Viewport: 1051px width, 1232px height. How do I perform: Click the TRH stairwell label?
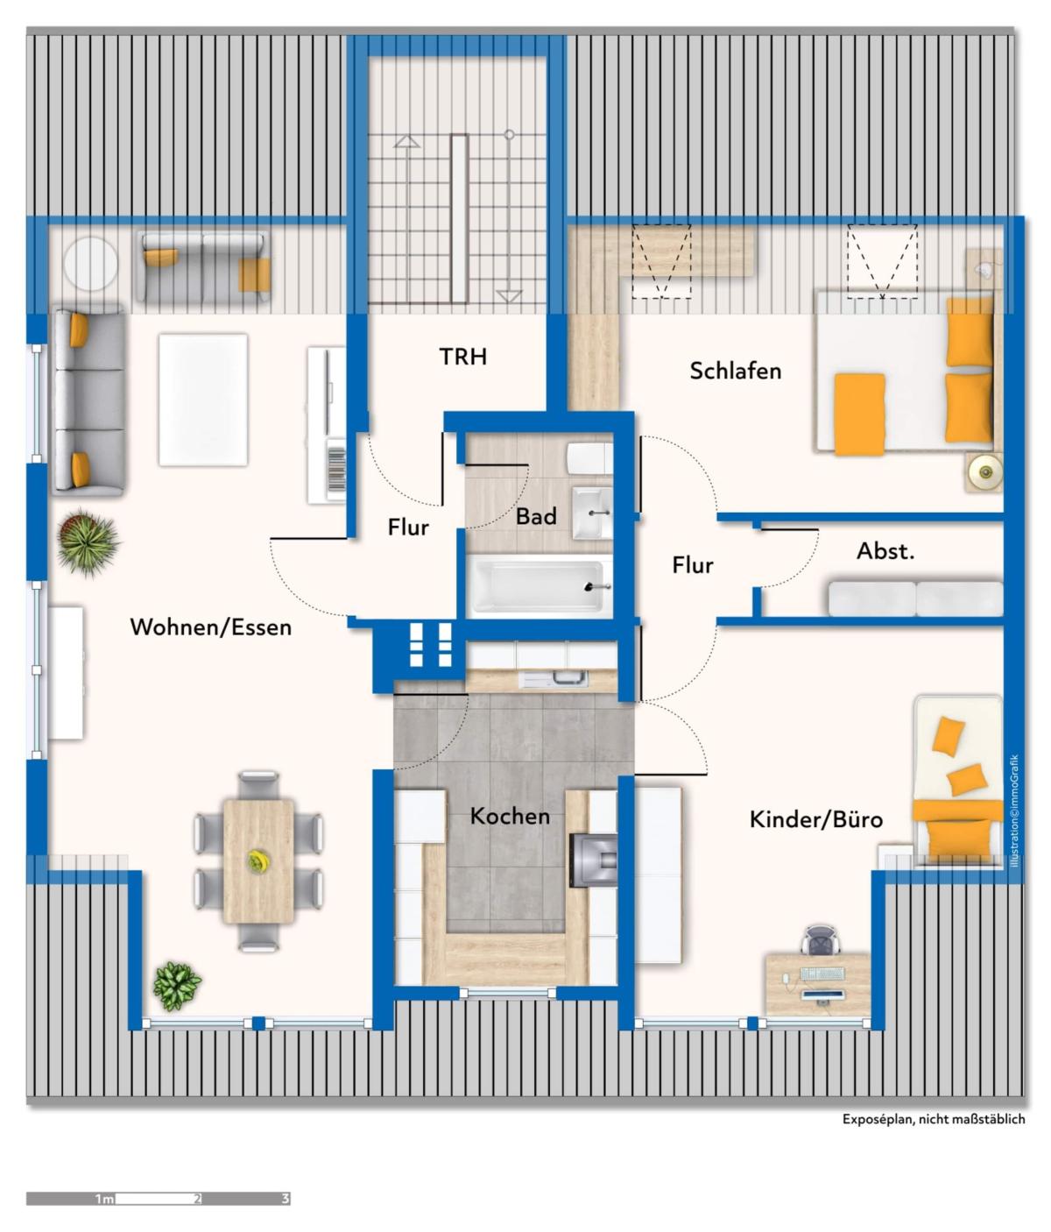click(463, 357)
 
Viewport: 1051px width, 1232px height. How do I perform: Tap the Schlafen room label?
click(735, 371)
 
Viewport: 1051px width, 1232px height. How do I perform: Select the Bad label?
click(536, 516)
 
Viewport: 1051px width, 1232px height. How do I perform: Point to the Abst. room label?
click(885, 551)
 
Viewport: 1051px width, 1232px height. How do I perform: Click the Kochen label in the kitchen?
click(510, 816)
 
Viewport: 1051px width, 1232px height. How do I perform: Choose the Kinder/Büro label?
click(815, 819)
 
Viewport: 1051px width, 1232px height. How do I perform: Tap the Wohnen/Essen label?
click(211, 627)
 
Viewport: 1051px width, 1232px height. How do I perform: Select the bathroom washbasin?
click(592, 513)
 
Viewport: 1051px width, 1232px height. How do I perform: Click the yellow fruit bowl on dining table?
click(258, 860)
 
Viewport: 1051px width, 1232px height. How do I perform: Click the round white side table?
click(90, 264)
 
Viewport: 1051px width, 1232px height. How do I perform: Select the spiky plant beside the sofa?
click(87, 542)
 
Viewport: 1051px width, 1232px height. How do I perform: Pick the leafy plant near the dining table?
click(176, 985)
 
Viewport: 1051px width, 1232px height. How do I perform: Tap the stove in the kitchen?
click(593, 860)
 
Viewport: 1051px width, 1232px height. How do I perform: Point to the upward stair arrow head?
click(407, 141)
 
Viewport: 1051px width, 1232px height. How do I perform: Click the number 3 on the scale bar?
click(286, 1199)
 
